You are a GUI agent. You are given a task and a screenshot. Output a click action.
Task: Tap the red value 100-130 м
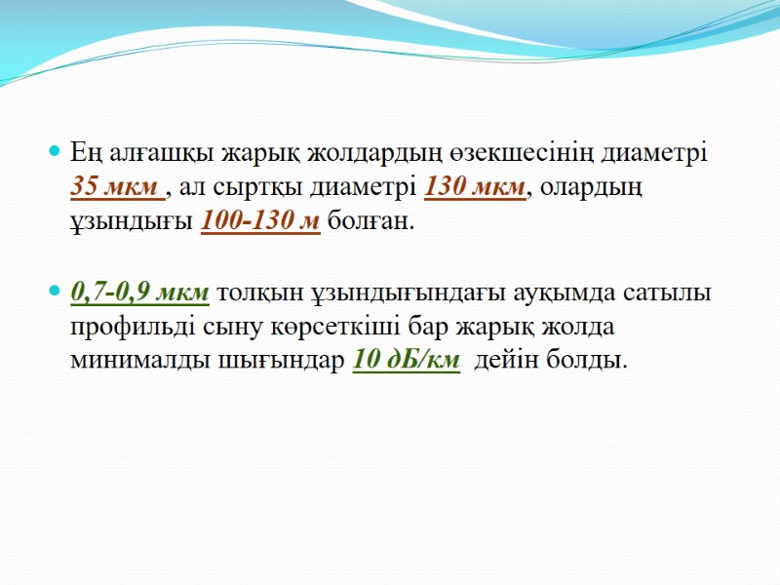coord(260,221)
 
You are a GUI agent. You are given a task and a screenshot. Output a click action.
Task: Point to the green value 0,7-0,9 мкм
coord(139,292)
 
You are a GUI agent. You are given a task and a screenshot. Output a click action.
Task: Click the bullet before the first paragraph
coord(55,153)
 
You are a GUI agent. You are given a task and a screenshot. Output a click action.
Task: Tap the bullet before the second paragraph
coord(55,292)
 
